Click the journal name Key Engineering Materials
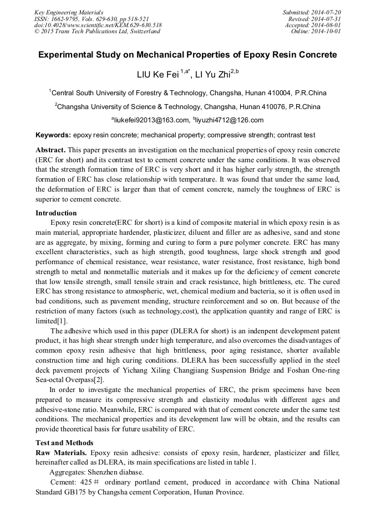[x=68, y=12]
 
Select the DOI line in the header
[x=98, y=25]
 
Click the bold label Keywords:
[x=53, y=135]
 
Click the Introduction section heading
[x=56, y=213]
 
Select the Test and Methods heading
[x=64, y=442]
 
